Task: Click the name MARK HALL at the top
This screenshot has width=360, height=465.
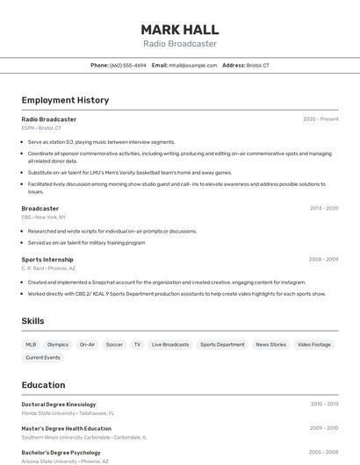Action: (x=179, y=29)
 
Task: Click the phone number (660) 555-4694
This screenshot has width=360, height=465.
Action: (x=127, y=66)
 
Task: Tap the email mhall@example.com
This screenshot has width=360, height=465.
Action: (x=192, y=66)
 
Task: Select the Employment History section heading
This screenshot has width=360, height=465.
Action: (x=65, y=100)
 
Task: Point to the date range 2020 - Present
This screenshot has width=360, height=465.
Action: (x=320, y=119)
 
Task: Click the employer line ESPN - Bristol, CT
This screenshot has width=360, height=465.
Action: (x=41, y=128)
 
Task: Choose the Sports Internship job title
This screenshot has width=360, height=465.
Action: (x=47, y=260)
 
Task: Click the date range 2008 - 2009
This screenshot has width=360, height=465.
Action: (x=323, y=260)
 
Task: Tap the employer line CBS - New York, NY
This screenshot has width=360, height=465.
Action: (x=44, y=217)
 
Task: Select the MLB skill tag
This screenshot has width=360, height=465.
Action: (x=31, y=345)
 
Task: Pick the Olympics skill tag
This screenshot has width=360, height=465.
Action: (x=58, y=345)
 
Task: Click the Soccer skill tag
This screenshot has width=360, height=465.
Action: (x=114, y=345)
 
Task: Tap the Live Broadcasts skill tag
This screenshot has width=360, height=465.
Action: (x=170, y=345)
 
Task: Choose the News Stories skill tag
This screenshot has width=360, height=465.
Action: (x=270, y=345)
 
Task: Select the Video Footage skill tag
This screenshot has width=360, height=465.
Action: (x=314, y=345)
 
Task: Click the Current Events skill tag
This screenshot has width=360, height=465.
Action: (x=43, y=358)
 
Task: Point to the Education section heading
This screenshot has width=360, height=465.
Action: (x=44, y=385)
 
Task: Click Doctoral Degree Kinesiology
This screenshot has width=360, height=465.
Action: (x=59, y=404)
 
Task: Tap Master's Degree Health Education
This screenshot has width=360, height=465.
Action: (x=67, y=428)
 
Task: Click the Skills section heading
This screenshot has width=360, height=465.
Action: (x=33, y=321)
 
